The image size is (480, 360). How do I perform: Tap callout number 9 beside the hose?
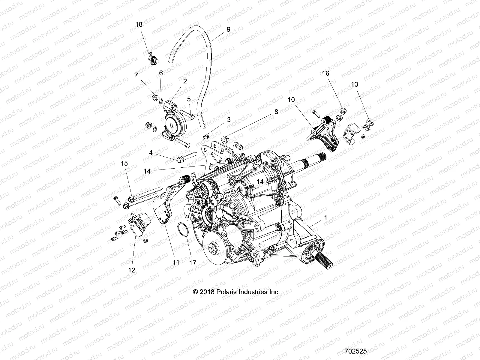[228, 29]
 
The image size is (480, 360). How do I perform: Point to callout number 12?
[131, 270]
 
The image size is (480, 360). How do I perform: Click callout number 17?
[193, 262]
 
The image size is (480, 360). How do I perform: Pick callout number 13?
[355, 85]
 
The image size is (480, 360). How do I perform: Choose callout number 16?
[325, 73]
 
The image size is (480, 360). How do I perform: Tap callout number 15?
[124, 163]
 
